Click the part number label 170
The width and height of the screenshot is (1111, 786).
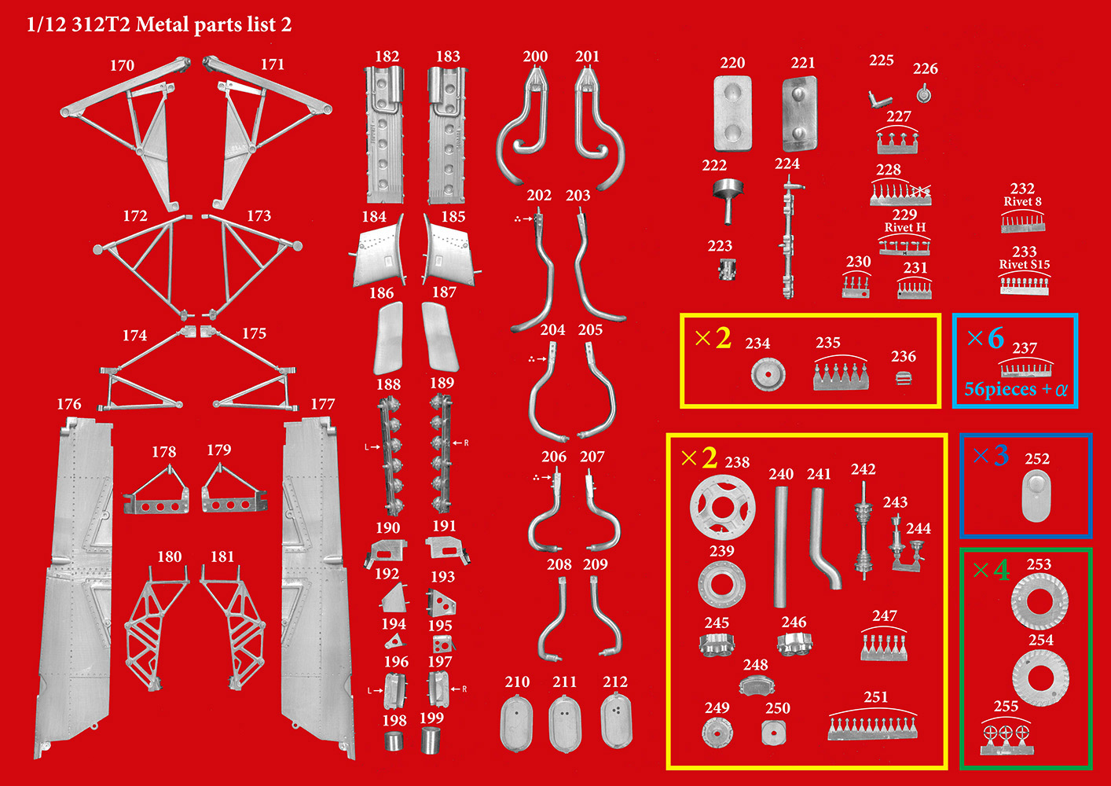122,65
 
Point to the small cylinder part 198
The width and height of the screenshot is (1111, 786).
394,740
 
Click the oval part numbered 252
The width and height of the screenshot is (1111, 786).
1036,496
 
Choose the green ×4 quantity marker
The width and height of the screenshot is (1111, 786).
990,569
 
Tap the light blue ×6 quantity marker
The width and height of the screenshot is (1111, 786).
984,338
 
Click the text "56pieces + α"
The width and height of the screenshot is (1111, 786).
1015,389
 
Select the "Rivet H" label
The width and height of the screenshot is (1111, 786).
904,227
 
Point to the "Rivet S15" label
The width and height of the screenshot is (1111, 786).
1024,264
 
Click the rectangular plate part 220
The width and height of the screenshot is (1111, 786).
732,113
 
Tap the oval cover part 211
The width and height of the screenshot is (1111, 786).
564,724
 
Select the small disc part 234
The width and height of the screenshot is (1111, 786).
768,374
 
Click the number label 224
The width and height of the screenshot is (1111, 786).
786,163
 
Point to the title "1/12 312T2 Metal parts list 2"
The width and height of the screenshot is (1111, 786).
159,24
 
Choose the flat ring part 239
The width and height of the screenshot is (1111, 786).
721,585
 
